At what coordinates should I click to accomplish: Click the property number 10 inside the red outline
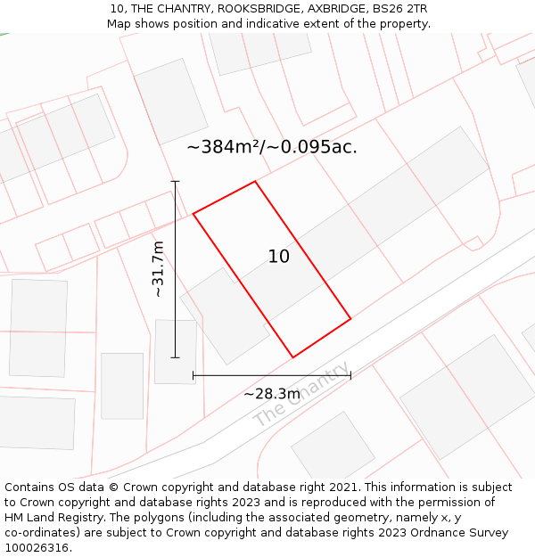point(279,257)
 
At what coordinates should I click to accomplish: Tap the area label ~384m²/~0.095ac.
point(272,148)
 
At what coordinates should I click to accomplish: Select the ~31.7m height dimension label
point(159,268)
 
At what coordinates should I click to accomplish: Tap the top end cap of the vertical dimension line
point(176,182)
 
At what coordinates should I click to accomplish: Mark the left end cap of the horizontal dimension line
point(193,375)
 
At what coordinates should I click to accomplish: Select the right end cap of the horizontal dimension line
point(350,375)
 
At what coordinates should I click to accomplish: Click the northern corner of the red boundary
point(256,182)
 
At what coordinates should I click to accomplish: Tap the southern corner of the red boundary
point(293,357)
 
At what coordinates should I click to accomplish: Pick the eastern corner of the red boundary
point(350,318)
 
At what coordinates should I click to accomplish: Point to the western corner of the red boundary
point(193,213)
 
